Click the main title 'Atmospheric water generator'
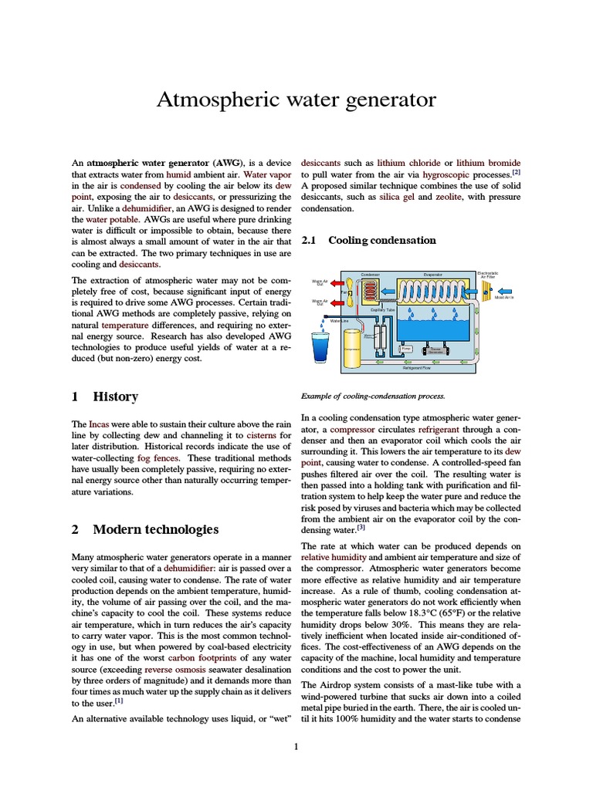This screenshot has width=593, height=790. pyautogui.click(x=296, y=100)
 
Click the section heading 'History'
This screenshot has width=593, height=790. pyautogui.click(x=115, y=397)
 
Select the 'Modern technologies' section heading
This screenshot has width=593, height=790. pyautogui.click(x=155, y=529)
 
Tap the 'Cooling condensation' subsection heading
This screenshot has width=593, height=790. pyautogui.click(x=382, y=240)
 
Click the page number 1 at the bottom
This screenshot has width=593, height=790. pyautogui.click(x=296, y=746)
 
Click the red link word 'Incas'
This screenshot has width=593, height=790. pyautogui.click(x=99, y=424)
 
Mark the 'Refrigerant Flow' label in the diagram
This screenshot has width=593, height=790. pyautogui.click(x=416, y=368)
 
